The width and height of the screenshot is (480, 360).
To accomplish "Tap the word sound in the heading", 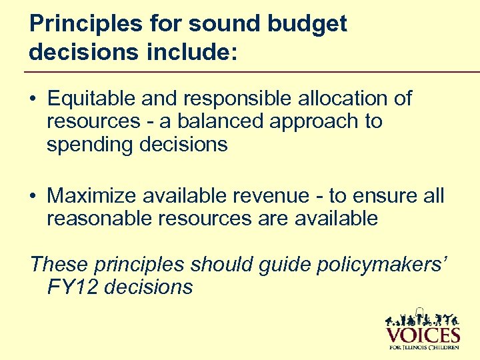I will point(219,25).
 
